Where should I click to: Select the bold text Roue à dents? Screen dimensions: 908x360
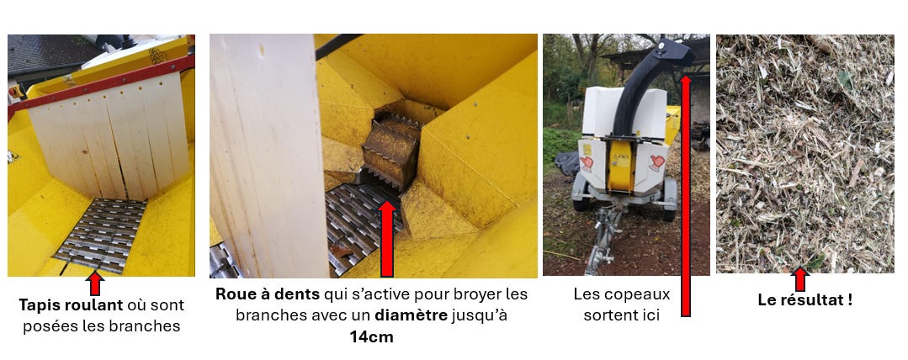pos(267,294)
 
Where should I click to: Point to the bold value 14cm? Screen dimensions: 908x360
pos(371,336)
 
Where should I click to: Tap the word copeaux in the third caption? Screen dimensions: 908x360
pos(645,294)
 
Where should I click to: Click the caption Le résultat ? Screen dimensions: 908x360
pos(805,299)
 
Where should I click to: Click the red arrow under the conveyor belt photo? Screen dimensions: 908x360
pos(95,283)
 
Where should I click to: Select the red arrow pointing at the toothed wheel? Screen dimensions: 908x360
pos(387,238)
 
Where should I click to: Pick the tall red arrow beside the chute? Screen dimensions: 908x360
pos(686,196)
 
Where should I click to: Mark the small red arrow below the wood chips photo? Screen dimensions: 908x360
pos(799,279)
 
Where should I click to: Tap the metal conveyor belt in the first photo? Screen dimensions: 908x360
pos(101,236)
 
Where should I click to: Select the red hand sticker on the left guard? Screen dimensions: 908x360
pos(587,163)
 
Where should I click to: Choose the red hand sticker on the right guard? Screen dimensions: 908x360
pos(656,162)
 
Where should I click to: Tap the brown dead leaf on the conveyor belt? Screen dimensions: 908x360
pos(342,251)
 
